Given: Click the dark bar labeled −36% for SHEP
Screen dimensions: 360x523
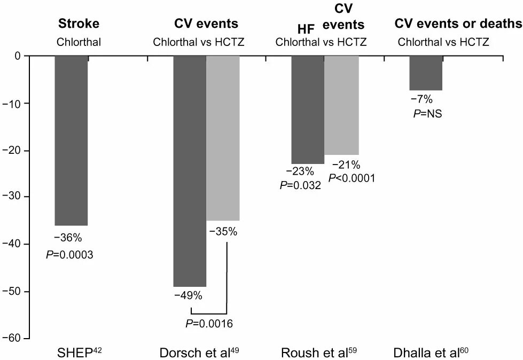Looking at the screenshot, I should pyautogui.click(x=71, y=140).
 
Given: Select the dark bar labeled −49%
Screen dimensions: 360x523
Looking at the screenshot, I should pyautogui.click(x=190, y=171).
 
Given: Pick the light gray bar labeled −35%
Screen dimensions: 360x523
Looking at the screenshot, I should pyautogui.click(x=223, y=138).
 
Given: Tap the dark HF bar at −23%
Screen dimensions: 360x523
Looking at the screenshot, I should pyautogui.click(x=307, y=109).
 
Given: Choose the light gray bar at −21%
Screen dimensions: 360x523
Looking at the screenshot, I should pyautogui.click(x=341, y=105).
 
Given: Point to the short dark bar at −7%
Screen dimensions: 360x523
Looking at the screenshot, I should pyautogui.click(x=426, y=73).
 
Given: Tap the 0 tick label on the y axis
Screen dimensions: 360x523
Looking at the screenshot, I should pyautogui.click(x=17, y=56).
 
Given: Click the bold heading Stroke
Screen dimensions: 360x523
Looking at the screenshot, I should pyautogui.click(x=79, y=24).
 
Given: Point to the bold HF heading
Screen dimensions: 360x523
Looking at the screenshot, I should pyautogui.click(x=307, y=30).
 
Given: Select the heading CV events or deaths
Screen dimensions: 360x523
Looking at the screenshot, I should pyautogui.click(x=458, y=24).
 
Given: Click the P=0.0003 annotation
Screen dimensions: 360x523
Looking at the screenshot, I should pyautogui.click(x=70, y=255).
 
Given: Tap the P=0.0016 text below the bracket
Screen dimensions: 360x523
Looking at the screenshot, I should pyautogui.click(x=209, y=323).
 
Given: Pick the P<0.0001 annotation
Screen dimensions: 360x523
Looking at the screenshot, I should pyautogui.click(x=352, y=178).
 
